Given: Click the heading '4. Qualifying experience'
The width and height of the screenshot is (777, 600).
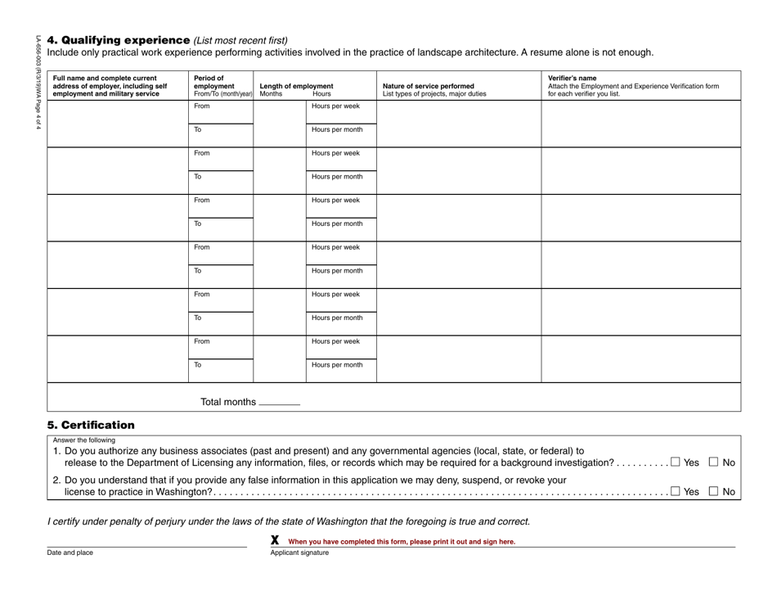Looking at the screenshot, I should tap(119, 39).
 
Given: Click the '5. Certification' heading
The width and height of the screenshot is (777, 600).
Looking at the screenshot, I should tap(91, 425).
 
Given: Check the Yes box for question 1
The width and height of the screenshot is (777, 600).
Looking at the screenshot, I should tap(675, 462).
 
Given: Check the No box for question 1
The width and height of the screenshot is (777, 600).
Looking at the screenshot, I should tap(714, 462).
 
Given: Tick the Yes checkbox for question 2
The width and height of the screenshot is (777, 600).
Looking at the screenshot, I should tap(675, 491).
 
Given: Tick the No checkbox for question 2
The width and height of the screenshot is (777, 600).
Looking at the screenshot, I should tap(714, 491).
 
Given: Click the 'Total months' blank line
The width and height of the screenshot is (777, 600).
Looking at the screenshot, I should tap(280, 404).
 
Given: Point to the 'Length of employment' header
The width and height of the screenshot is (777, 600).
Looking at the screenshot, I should tap(296, 85).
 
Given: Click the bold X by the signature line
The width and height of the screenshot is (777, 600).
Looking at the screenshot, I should tap(275, 540).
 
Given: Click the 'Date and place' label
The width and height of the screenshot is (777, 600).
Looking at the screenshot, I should tap(70, 553).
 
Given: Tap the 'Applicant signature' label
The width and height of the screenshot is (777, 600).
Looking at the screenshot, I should tap(299, 553).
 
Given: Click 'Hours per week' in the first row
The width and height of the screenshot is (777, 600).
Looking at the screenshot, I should tap(335, 106).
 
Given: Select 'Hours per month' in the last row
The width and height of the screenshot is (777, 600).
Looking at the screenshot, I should tap(337, 365).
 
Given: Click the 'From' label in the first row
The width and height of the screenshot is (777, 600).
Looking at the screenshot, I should tap(201, 106).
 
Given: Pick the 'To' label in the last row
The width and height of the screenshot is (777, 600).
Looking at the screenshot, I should tap(197, 365).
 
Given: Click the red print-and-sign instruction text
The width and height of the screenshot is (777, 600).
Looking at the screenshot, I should tap(402, 541).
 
